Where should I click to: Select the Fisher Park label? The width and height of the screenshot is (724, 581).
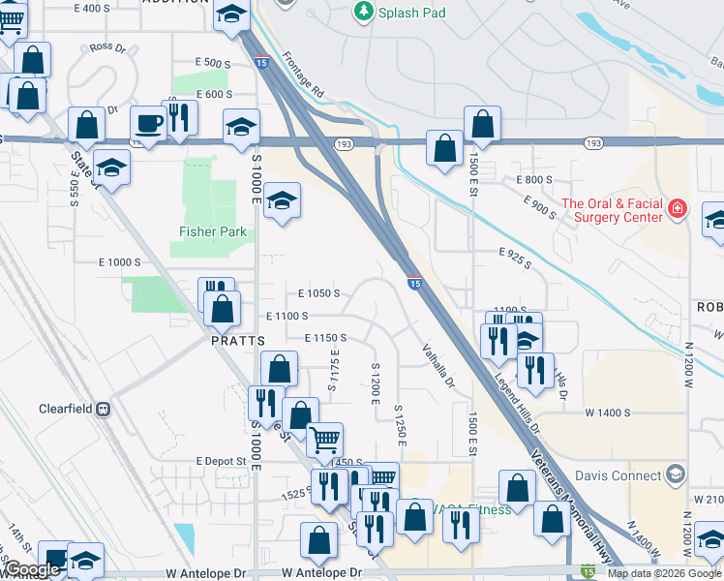pyautogui.click(x=213, y=232)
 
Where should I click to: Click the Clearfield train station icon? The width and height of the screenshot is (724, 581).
pyautogui.click(x=104, y=409)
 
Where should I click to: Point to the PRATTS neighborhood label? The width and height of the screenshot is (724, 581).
pyautogui.click(x=238, y=341)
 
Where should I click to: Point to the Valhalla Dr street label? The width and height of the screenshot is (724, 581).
pyautogui.click(x=437, y=366)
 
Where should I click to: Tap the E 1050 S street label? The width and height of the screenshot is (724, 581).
pyautogui.click(x=318, y=292)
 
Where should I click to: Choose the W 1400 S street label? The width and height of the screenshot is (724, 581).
pyautogui.click(x=607, y=413)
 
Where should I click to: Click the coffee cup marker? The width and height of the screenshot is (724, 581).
pyautogui.click(x=149, y=123)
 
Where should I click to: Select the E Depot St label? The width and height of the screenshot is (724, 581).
pyautogui.click(x=221, y=462)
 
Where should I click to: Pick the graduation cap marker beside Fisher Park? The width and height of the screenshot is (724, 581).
pyautogui.click(x=282, y=200)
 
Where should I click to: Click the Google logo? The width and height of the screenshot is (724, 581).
pyautogui.click(x=33, y=569)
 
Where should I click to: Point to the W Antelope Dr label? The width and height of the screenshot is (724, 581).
pyautogui.click(x=205, y=573)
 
